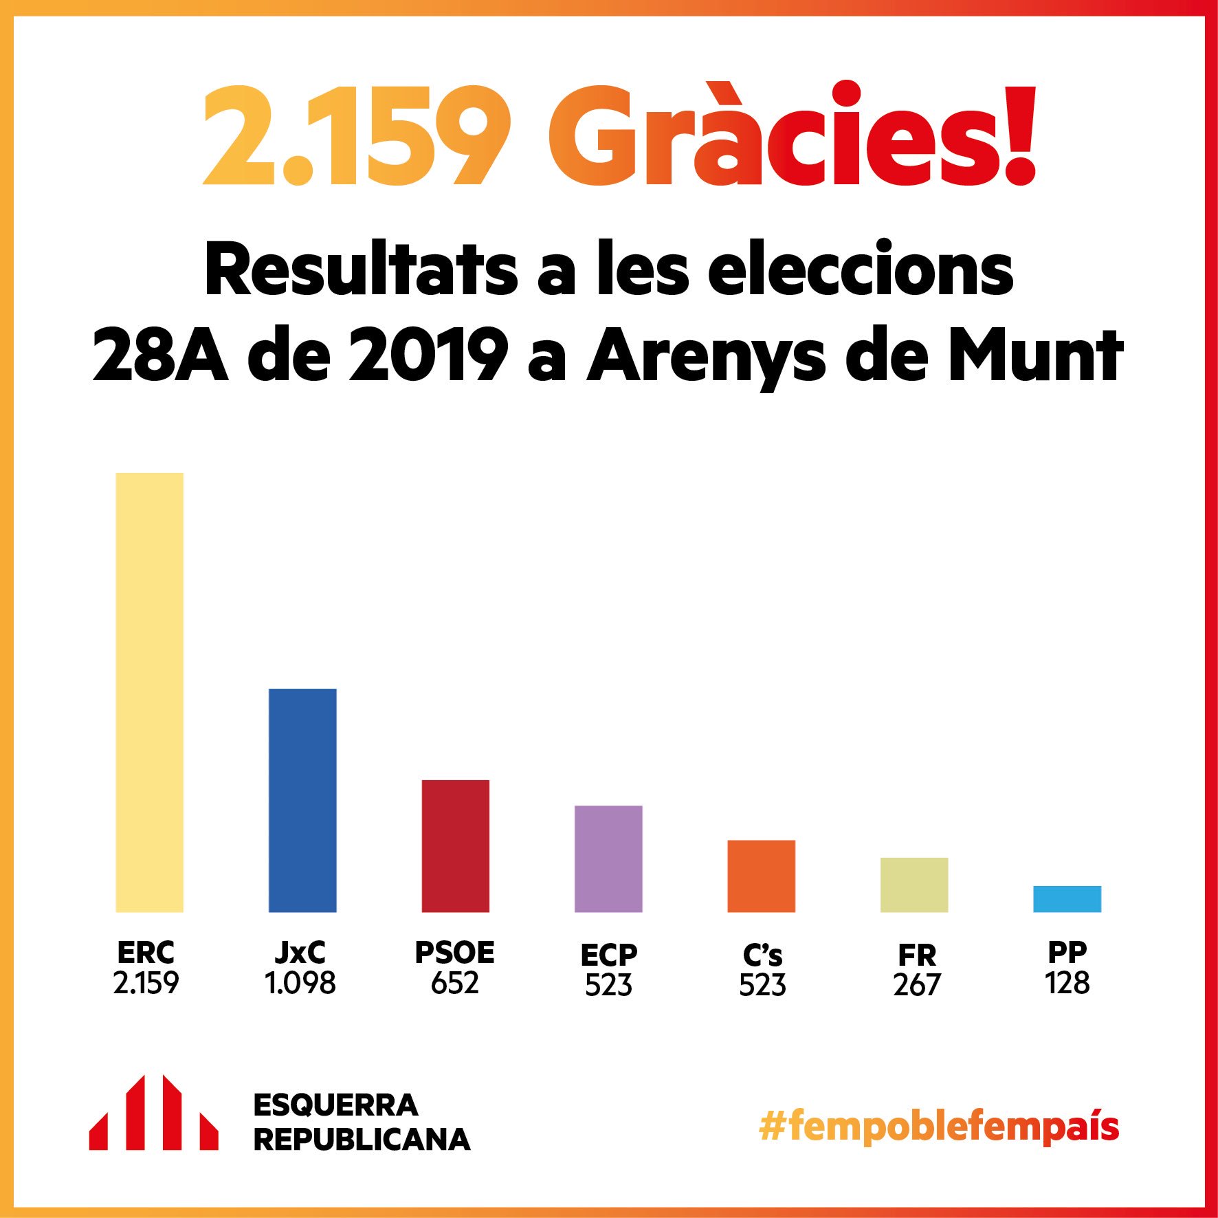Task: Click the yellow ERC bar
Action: (x=149, y=692)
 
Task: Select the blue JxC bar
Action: (x=302, y=800)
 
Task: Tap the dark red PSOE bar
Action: (x=455, y=845)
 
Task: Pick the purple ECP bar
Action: (x=608, y=859)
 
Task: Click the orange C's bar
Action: (x=761, y=876)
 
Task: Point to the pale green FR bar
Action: (x=914, y=885)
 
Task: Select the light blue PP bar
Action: (x=1067, y=899)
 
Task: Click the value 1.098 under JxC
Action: (x=300, y=984)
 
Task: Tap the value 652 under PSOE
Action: (x=454, y=984)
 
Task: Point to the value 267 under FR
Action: (x=916, y=986)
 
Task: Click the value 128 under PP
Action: (x=1067, y=984)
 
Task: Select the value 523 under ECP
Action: (x=608, y=986)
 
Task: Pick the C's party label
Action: (x=762, y=955)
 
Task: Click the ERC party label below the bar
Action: (x=146, y=953)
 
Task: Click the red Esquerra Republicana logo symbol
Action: (x=153, y=1114)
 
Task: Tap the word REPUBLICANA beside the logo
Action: (x=362, y=1140)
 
